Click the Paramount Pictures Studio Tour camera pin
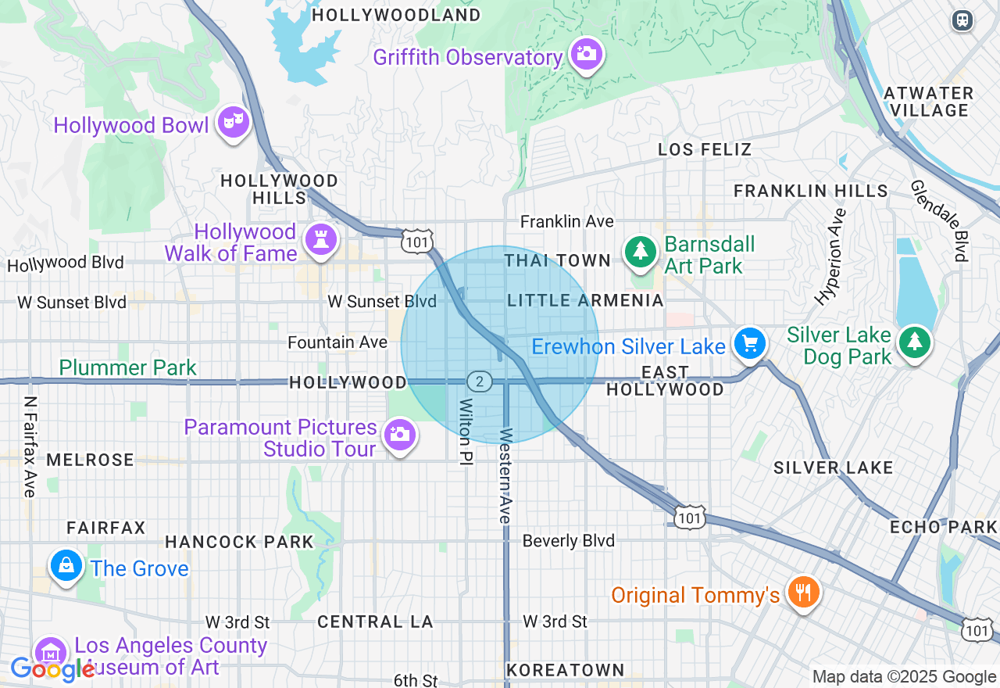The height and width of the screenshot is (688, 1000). click(x=400, y=434)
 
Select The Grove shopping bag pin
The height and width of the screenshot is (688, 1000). click(x=66, y=565)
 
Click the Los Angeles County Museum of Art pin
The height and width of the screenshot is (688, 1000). click(x=50, y=652)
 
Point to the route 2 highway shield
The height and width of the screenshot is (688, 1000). click(x=480, y=382)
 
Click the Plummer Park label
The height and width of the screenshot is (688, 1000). click(x=128, y=367)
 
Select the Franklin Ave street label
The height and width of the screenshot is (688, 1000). click(x=567, y=222)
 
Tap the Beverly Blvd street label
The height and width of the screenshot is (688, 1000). click(x=568, y=541)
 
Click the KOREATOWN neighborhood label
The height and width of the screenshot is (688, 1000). click(x=565, y=670)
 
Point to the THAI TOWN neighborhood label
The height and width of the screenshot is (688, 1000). click(x=557, y=260)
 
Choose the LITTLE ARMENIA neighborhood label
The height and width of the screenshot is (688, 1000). click(x=585, y=301)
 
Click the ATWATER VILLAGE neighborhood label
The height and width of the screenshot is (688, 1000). click(x=928, y=102)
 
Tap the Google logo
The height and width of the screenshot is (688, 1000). click(x=53, y=669)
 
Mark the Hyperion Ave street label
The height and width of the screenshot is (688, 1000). click(x=830, y=256)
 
